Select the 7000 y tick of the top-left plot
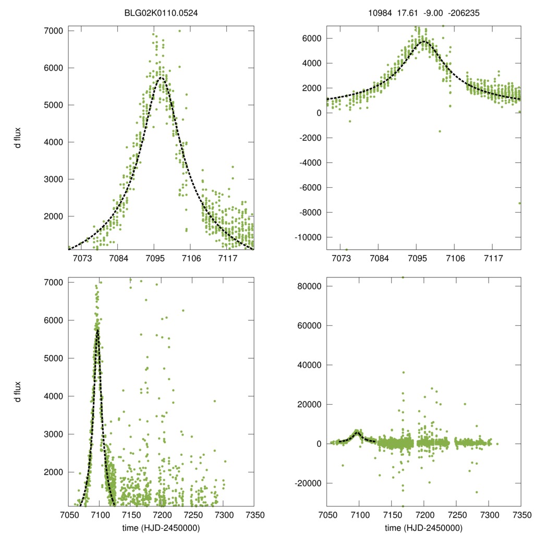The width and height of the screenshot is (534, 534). tap(53, 31)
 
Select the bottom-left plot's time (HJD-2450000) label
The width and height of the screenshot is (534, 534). tap(161, 527)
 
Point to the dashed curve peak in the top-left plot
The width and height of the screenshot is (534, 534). tap(161, 78)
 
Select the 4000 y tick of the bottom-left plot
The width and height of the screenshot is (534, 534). tap(53, 396)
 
